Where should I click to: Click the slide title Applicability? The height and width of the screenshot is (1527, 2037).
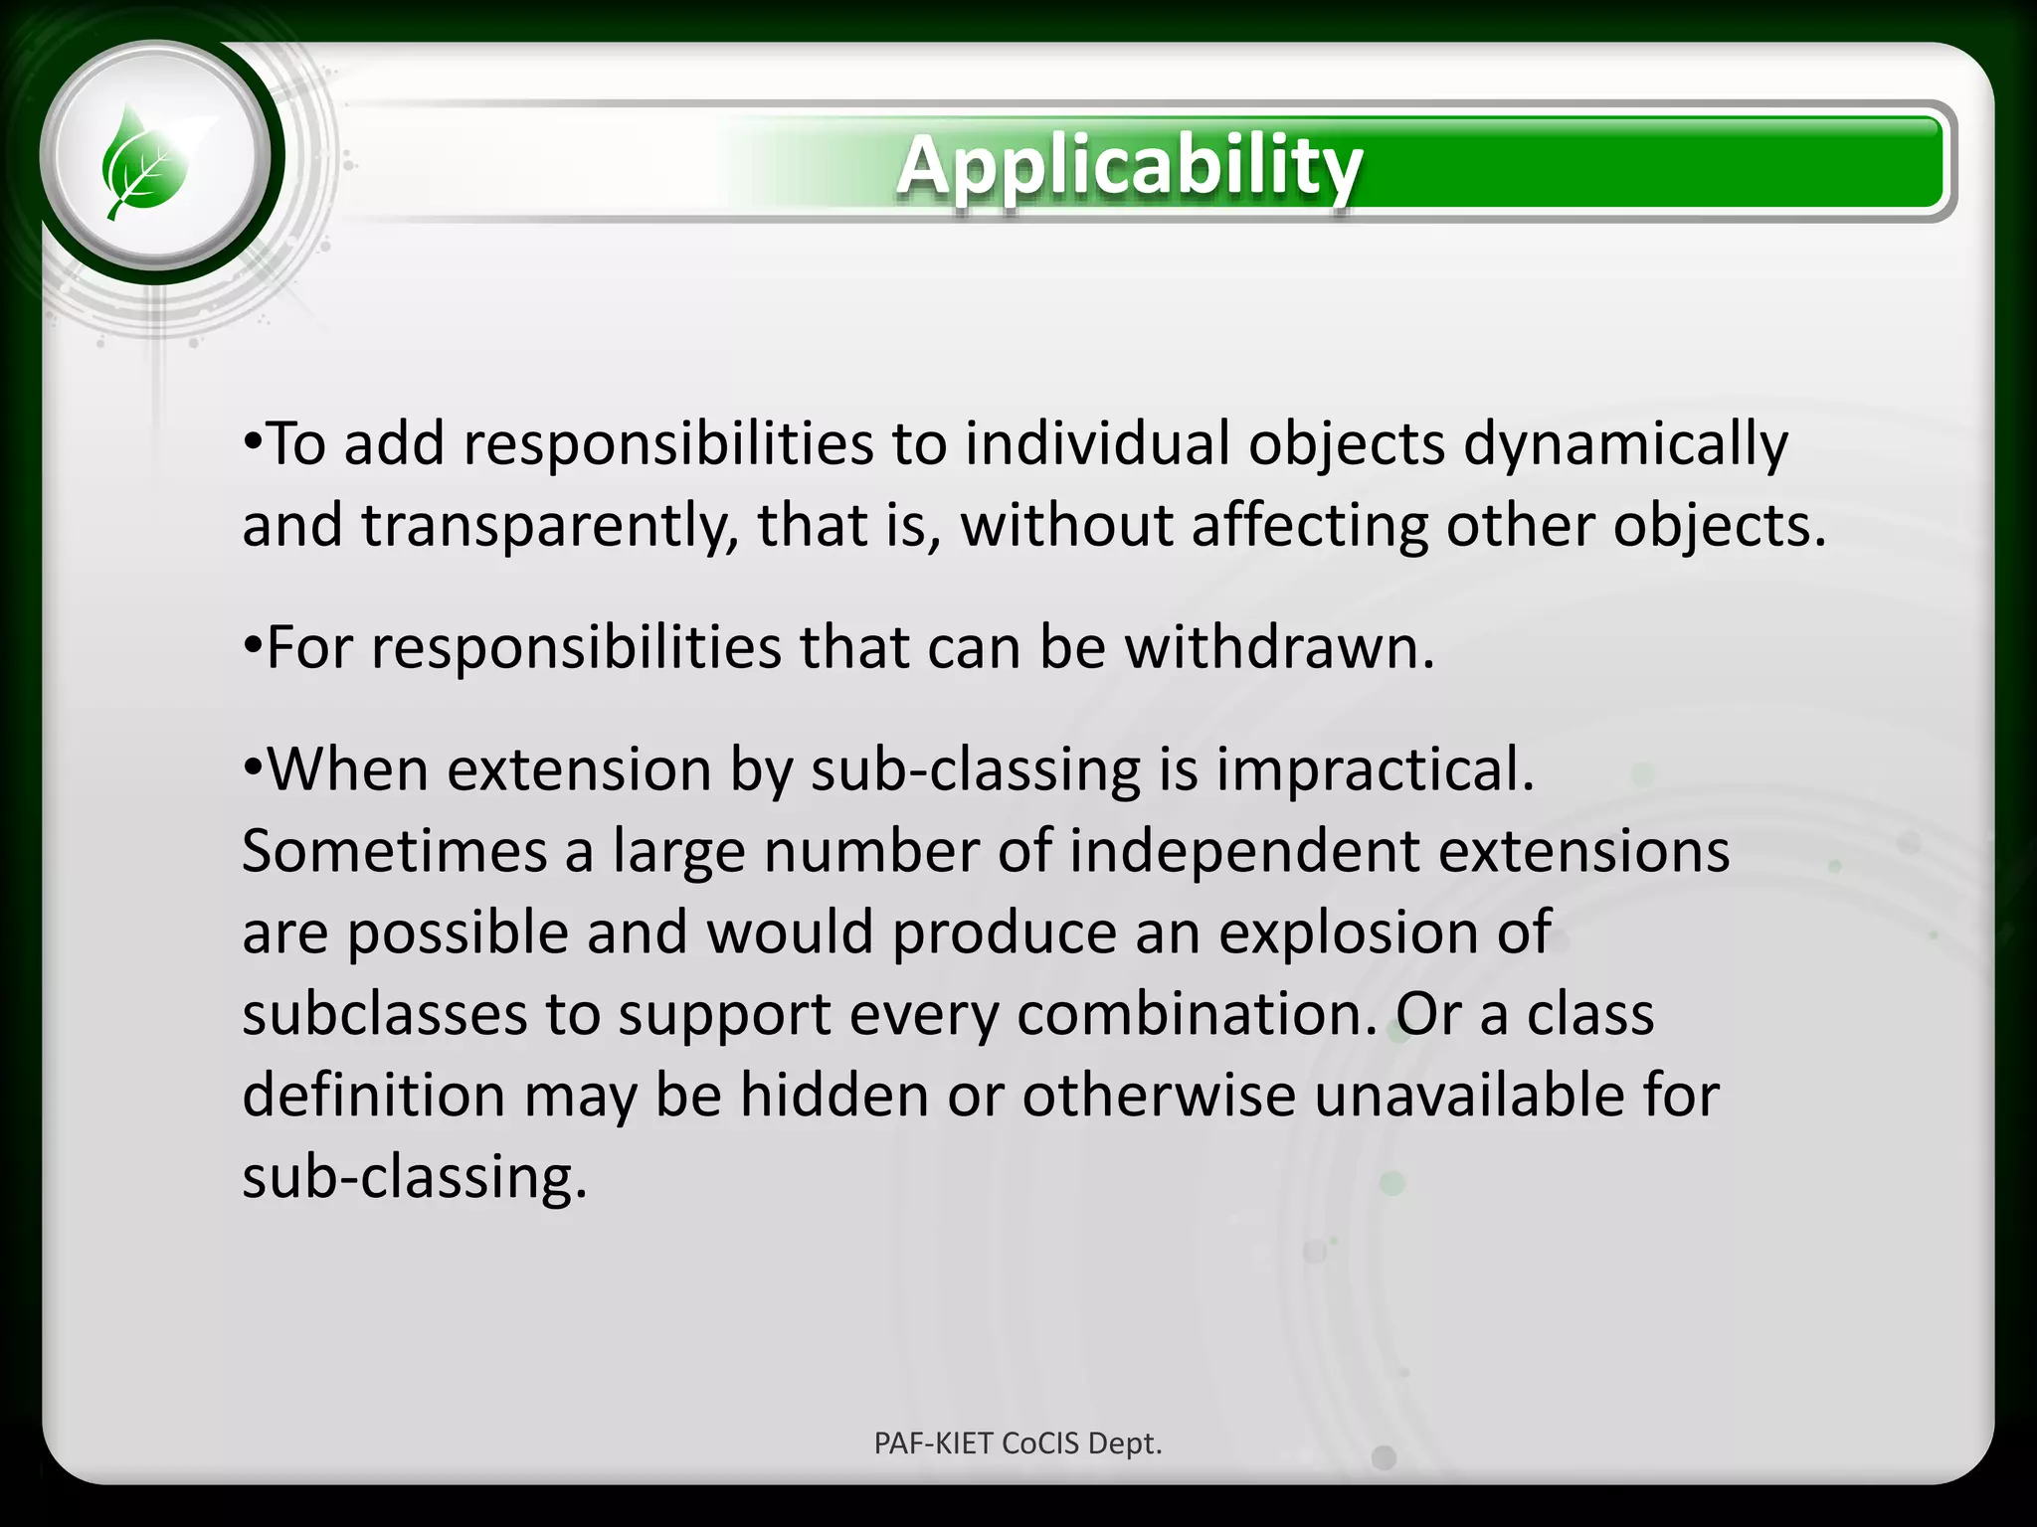[1129, 165]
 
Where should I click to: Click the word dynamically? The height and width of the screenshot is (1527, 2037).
[1625, 444]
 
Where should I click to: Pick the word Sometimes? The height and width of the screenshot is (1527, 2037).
[394, 852]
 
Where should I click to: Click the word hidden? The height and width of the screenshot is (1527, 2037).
[833, 1096]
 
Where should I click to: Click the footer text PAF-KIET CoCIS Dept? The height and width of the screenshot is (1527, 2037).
[1018, 1443]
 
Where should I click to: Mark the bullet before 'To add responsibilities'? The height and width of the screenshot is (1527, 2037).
[253, 439]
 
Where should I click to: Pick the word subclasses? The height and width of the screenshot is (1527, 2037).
[384, 1015]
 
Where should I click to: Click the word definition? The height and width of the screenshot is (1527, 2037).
[373, 1096]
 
